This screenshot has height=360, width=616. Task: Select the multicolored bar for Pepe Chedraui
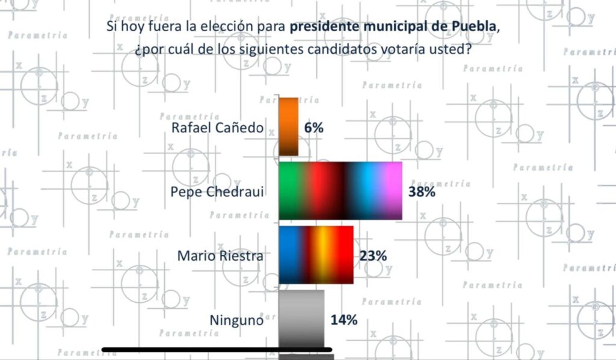pos(340,190)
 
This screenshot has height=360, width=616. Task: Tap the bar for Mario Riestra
pos(316,254)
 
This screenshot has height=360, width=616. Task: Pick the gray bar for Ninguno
pos(301,318)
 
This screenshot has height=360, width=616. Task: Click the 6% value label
pos(314,128)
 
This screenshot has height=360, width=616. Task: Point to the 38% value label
pos(421,191)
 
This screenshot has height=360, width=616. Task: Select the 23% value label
pos(373,255)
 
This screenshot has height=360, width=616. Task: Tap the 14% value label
pos(344,320)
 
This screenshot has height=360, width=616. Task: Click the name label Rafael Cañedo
pos(218,128)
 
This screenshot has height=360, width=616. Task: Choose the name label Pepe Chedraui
pos(218,191)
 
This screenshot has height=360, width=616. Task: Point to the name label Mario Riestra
pos(220,255)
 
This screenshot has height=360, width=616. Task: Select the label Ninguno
pos(236,320)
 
